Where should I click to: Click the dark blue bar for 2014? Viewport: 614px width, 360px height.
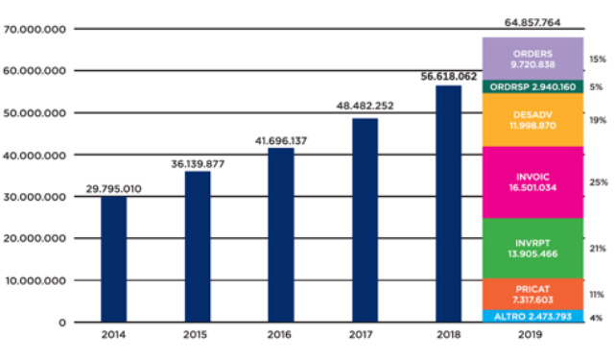pos(113,258)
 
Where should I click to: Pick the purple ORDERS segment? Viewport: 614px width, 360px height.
pos(531,59)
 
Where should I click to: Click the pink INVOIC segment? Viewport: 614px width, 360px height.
pos(531,182)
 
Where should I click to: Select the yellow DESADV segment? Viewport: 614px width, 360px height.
pos(531,120)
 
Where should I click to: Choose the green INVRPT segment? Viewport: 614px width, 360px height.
pos(531,248)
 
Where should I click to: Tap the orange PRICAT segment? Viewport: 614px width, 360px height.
pos(531,293)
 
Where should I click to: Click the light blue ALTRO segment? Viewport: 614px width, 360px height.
pos(531,316)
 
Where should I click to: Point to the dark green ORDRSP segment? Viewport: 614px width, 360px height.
pos(531,86)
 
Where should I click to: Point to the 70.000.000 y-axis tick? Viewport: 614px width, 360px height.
pos(34,30)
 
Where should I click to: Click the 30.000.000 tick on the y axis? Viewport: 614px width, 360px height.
pos(34,197)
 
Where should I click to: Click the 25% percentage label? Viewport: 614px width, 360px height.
pos(597,182)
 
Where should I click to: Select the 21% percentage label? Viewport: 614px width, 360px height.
pos(597,248)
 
